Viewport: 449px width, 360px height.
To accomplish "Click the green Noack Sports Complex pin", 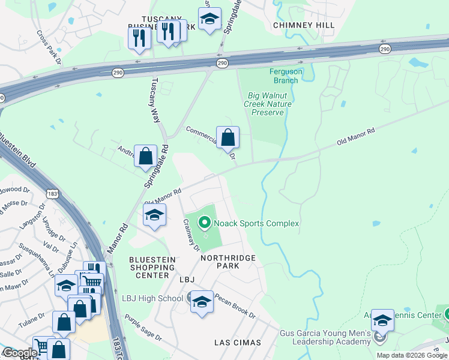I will click(x=205, y=224).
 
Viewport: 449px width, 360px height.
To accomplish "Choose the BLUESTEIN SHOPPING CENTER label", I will click(x=152, y=268).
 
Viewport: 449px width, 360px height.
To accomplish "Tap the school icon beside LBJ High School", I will click(x=202, y=301).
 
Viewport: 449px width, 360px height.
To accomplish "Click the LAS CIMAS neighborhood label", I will click(x=238, y=343).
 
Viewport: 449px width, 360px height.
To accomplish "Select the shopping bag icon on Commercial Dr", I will click(x=228, y=138).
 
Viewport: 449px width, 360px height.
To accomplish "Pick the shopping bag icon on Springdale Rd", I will click(x=145, y=157).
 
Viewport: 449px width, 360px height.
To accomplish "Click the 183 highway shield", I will click(x=52, y=191).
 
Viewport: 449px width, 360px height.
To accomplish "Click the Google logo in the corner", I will click(x=19, y=353).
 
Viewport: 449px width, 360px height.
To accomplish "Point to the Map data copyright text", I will click(x=411, y=355).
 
